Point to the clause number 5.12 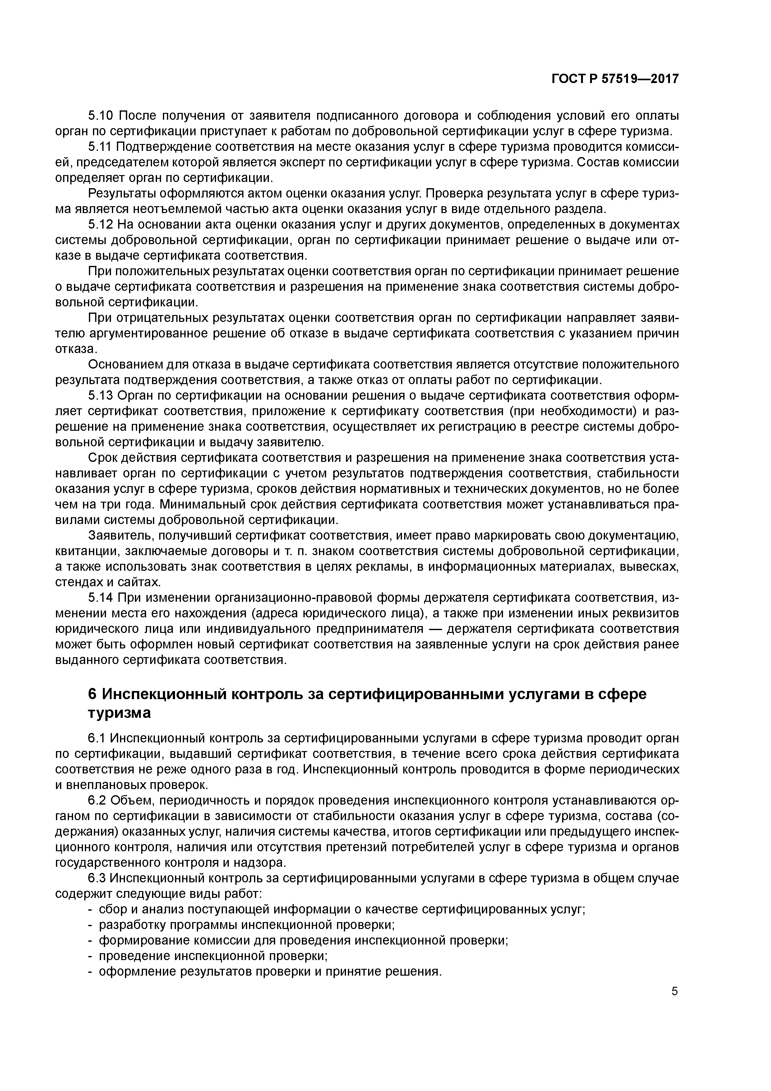(101, 225)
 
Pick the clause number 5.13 (101, 396)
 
